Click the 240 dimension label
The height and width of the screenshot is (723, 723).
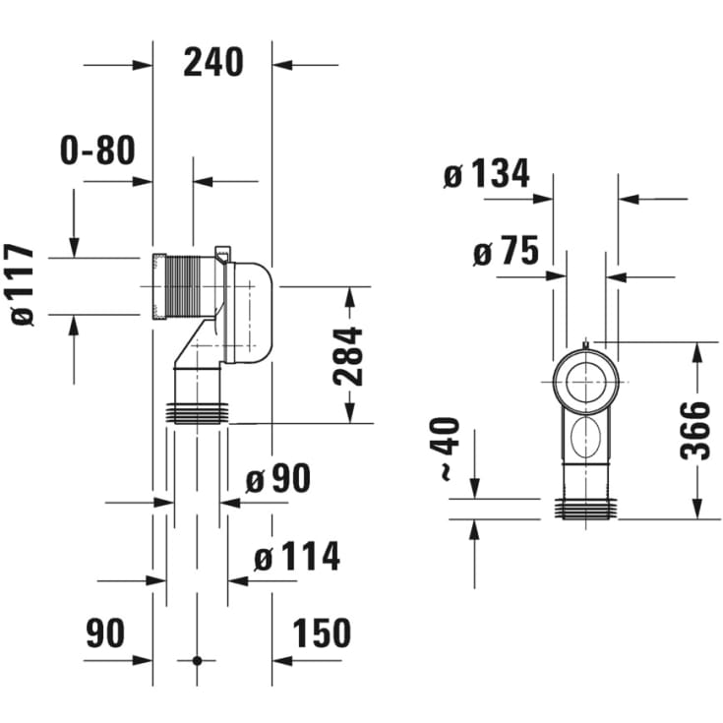(x=212, y=62)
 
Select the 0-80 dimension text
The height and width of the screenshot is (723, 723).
(x=97, y=151)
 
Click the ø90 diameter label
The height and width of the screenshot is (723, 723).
(x=277, y=479)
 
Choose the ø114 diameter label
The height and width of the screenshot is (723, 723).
(x=297, y=557)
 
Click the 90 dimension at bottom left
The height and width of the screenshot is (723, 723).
(x=105, y=633)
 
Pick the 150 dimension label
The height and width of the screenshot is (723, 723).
(x=322, y=633)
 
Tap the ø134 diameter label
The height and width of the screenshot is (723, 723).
(x=486, y=175)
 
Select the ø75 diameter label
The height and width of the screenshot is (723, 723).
(x=506, y=253)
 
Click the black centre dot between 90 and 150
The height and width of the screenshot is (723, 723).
(x=197, y=660)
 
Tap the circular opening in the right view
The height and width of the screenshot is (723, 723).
(x=585, y=378)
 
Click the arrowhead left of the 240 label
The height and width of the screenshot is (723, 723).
(x=145, y=66)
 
